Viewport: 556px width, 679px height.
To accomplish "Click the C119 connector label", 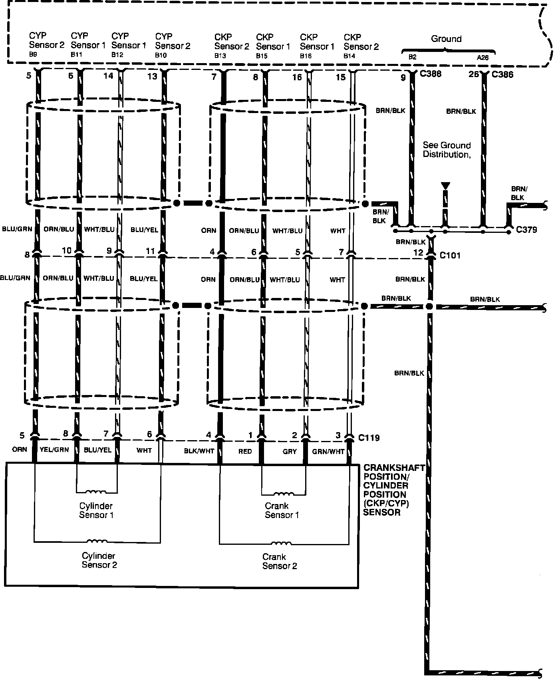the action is click(369, 438).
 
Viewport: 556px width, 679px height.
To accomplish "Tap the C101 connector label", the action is click(450, 255).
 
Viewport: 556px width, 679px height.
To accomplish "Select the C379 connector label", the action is click(526, 230).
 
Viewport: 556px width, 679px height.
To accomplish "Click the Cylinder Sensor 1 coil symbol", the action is click(96, 492).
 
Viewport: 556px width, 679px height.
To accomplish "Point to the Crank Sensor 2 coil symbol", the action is click(281, 543).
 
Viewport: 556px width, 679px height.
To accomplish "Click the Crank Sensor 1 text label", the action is click(282, 510).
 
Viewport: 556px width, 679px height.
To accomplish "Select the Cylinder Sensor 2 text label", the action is click(99, 560).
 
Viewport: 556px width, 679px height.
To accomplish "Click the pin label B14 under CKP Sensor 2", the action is click(349, 56).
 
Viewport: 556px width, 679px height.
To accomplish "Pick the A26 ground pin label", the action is click(483, 57).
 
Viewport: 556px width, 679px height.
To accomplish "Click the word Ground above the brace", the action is click(446, 39).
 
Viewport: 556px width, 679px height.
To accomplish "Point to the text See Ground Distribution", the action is click(447, 150).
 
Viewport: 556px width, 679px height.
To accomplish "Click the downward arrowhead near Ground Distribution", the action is click(445, 186).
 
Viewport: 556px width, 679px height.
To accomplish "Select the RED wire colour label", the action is click(245, 451).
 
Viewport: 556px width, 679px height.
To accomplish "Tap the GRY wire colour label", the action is click(290, 451).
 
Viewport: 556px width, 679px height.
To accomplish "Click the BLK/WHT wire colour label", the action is click(199, 451).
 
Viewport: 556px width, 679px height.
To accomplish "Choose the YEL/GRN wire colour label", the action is click(54, 450).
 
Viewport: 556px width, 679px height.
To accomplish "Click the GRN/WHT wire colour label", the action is click(328, 451).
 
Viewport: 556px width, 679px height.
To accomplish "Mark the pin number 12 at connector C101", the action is click(418, 252).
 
